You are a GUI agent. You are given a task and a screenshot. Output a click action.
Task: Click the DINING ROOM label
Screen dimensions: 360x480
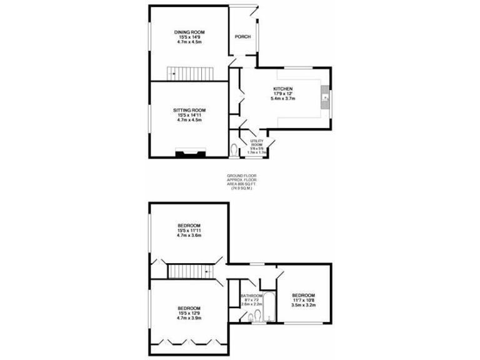[x=189, y=32]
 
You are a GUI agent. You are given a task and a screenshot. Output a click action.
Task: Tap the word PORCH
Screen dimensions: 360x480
[x=242, y=37]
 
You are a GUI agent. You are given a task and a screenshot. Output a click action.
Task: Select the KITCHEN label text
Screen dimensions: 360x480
[x=282, y=89]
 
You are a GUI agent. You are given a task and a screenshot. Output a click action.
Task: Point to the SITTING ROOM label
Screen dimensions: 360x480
[x=189, y=110]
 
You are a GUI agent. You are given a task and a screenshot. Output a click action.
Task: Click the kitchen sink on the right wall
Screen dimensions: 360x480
[x=326, y=99]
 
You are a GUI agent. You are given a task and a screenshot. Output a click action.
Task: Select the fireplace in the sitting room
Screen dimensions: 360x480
[x=189, y=152]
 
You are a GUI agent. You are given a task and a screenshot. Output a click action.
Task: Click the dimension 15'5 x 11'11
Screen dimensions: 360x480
[x=189, y=231]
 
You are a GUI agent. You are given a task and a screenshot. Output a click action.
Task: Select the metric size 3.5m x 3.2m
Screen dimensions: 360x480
[x=302, y=305]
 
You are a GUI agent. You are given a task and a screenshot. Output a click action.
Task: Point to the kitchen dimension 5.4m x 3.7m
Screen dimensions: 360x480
[x=282, y=99]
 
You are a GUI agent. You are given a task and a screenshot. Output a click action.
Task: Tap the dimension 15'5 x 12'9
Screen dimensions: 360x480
[x=189, y=313]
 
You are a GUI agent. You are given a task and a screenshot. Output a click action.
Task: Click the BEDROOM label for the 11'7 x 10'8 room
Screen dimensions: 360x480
[x=302, y=295]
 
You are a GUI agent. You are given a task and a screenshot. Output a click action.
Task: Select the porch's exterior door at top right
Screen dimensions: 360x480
[x=252, y=11]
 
